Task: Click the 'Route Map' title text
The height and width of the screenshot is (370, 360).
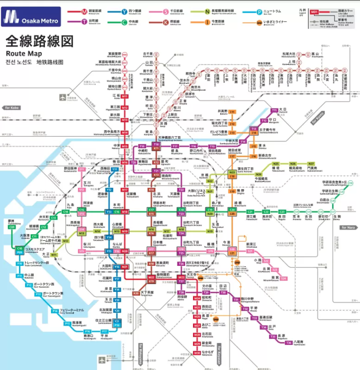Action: (23, 54)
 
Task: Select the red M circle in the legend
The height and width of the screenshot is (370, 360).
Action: (85, 11)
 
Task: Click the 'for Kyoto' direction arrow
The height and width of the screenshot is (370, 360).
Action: (318, 118)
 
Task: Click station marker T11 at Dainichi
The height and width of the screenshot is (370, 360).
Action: (274, 110)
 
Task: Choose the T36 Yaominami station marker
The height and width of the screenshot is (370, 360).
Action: (288, 342)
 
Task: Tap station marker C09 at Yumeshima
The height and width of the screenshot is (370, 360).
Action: (11, 227)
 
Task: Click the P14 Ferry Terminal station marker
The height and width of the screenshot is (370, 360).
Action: (55, 311)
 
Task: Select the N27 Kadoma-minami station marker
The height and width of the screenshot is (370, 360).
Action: (311, 164)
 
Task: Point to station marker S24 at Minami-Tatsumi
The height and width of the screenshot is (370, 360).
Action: (283, 278)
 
